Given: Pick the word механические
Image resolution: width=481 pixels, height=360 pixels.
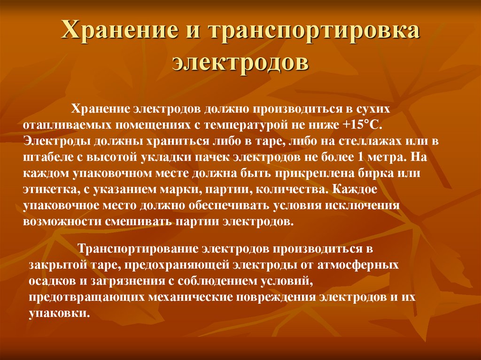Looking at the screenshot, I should pos(188,297).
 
